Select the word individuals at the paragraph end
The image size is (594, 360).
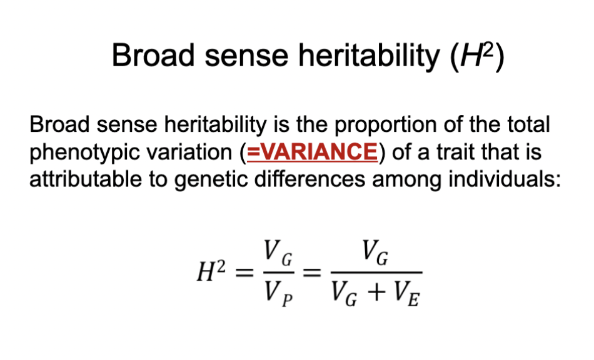click(511, 179)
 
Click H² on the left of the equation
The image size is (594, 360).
click(211, 274)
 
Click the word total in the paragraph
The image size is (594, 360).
click(527, 125)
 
